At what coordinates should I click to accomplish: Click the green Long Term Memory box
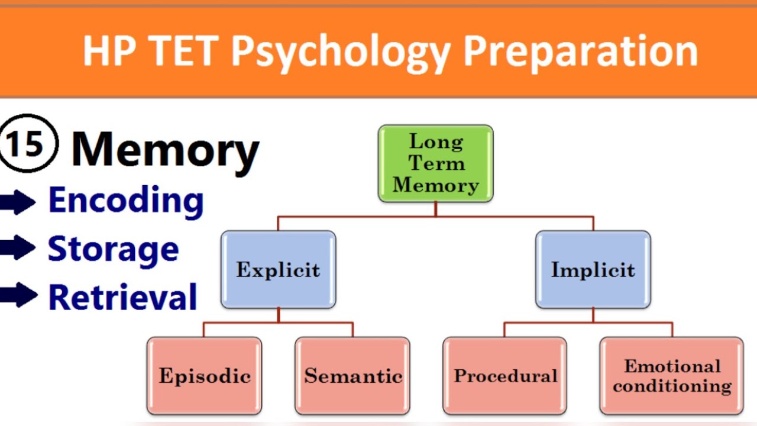click(x=435, y=163)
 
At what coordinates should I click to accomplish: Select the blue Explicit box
click(x=278, y=270)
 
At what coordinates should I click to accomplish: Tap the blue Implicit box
click(x=593, y=270)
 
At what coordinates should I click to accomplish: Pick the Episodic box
click(x=204, y=376)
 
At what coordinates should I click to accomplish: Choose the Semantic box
click(x=352, y=376)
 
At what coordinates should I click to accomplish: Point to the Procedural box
click(x=505, y=376)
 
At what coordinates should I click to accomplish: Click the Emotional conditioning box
click(x=671, y=376)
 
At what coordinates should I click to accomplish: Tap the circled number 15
click(x=28, y=143)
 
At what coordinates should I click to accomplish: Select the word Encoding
click(x=126, y=201)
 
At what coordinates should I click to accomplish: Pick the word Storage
click(x=113, y=248)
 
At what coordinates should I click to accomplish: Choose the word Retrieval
click(x=122, y=296)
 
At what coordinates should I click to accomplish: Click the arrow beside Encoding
click(x=18, y=203)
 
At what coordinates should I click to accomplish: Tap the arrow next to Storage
click(x=18, y=248)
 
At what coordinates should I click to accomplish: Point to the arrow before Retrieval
click(x=18, y=295)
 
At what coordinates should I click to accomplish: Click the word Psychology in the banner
click(x=341, y=52)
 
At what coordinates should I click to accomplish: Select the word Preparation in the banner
click(x=580, y=51)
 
